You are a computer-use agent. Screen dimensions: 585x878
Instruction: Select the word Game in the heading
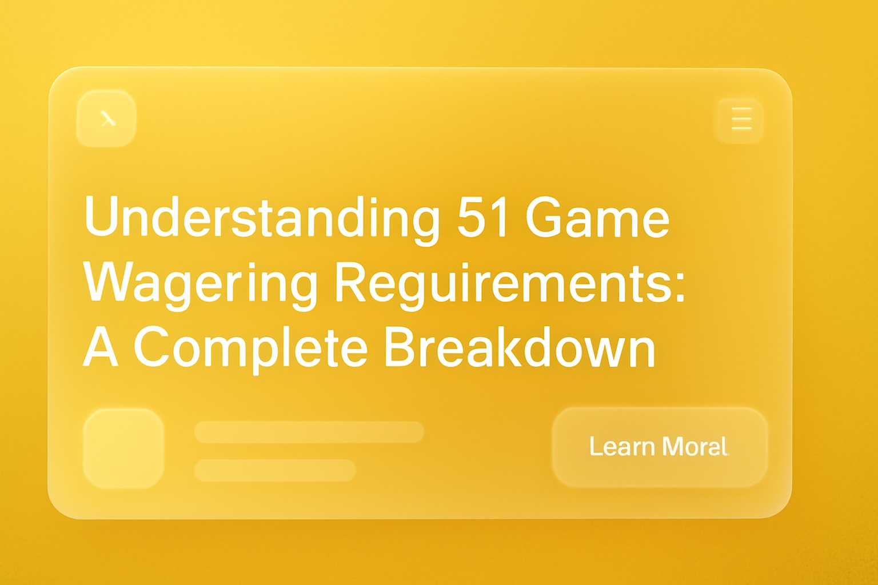[x=597, y=218]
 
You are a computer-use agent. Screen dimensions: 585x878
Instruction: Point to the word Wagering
[x=200, y=283]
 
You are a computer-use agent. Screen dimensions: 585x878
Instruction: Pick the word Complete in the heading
[x=250, y=348]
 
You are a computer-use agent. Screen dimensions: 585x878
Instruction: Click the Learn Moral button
[x=660, y=447]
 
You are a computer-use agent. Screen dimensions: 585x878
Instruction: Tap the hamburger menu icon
[x=741, y=119]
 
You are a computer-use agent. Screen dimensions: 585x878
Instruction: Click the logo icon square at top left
[x=107, y=118]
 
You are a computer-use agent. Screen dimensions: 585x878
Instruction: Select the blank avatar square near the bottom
[x=123, y=448]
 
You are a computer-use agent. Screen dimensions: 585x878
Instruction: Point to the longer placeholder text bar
[x=309, y=432]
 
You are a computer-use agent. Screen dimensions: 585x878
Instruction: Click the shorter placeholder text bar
[x=275, y=470]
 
